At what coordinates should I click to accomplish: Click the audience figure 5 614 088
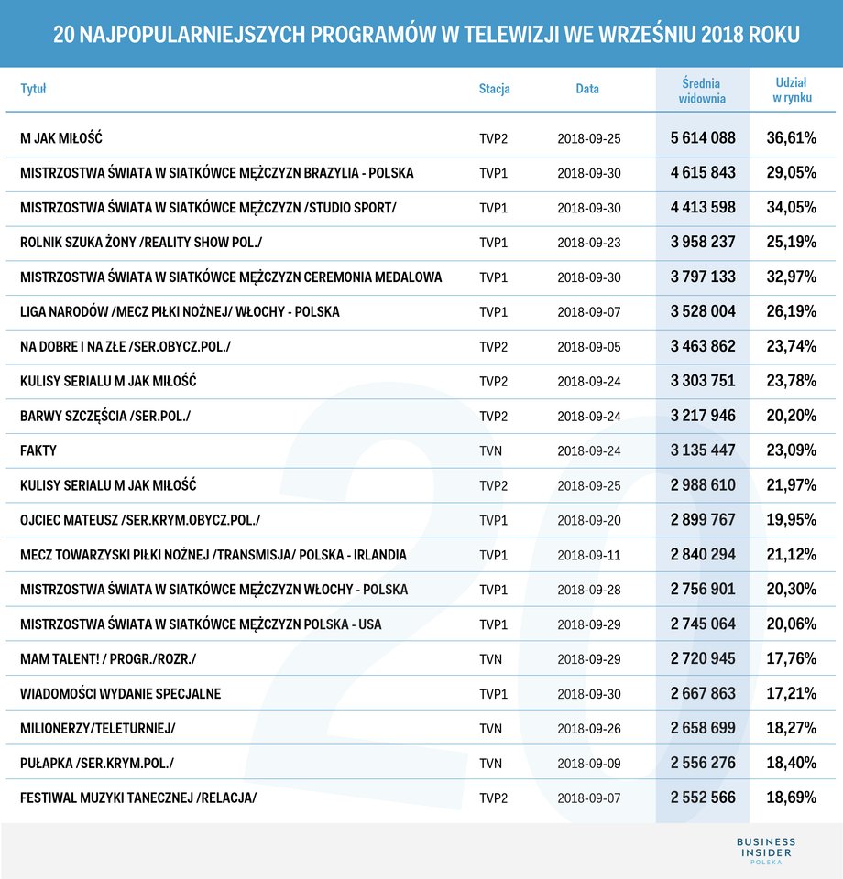[x=703, y=138]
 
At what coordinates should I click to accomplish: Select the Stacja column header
[x=494, y=89]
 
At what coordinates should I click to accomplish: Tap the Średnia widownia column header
[x=702, y=91]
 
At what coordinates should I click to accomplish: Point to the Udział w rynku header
[x=792, y=90]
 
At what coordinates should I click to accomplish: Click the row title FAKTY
[x=38, y=450]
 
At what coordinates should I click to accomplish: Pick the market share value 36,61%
[x=792, y=138]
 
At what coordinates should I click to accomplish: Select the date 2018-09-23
[x=589, y=243]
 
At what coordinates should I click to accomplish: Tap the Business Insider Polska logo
[x=766, y=851]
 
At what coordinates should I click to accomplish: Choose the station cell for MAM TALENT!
[x=491, y=659]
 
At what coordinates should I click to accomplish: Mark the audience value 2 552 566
[x=703, y=798]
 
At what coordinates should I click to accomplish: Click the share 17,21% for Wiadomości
[x=792, y=693]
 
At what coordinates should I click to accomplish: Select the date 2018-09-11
[x=589, y=555]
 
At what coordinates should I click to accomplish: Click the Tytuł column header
[x=33, y=89]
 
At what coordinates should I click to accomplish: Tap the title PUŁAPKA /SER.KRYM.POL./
[x=97, y=764]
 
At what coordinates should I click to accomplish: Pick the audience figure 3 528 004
[x=703, y=311]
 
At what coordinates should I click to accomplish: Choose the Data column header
[x=587, y=89]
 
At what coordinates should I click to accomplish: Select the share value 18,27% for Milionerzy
[x=792, y=728]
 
